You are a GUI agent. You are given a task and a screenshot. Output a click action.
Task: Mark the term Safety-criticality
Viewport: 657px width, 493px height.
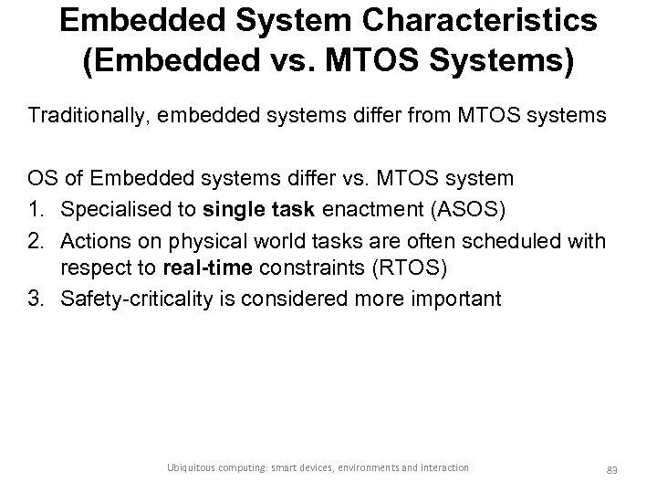136,299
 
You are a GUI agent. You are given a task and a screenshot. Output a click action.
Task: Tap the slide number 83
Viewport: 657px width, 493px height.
611,468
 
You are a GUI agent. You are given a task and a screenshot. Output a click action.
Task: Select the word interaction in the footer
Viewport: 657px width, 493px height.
444,467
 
